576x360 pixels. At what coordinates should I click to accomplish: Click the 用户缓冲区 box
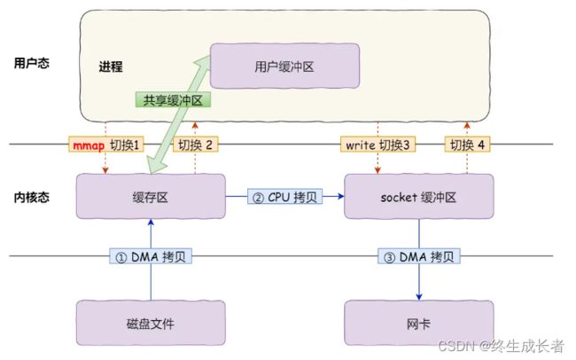284,66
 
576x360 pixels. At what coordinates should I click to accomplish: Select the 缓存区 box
151,196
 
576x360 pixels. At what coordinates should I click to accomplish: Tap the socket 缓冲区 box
419,196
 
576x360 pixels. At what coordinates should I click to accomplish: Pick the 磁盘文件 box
151,323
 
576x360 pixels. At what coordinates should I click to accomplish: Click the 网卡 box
419,323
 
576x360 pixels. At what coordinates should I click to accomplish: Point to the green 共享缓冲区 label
173,99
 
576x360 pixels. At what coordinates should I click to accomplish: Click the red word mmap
89,145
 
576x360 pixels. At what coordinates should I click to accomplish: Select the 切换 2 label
196,145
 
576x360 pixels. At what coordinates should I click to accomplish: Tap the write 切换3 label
378,145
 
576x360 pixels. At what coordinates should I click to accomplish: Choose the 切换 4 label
467,145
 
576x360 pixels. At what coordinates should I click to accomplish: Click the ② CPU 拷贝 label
284,197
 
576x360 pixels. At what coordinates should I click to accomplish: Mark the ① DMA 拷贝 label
151,256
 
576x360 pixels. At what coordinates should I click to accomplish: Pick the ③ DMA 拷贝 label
419,256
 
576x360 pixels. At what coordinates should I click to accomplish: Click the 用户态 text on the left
32,63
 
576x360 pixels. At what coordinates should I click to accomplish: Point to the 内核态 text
32,198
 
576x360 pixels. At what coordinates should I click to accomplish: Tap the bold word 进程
111,67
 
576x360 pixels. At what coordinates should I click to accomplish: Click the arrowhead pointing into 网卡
419,297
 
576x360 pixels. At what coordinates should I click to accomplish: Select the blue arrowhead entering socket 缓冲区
340,196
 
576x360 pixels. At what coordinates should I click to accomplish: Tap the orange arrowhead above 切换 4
467,125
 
